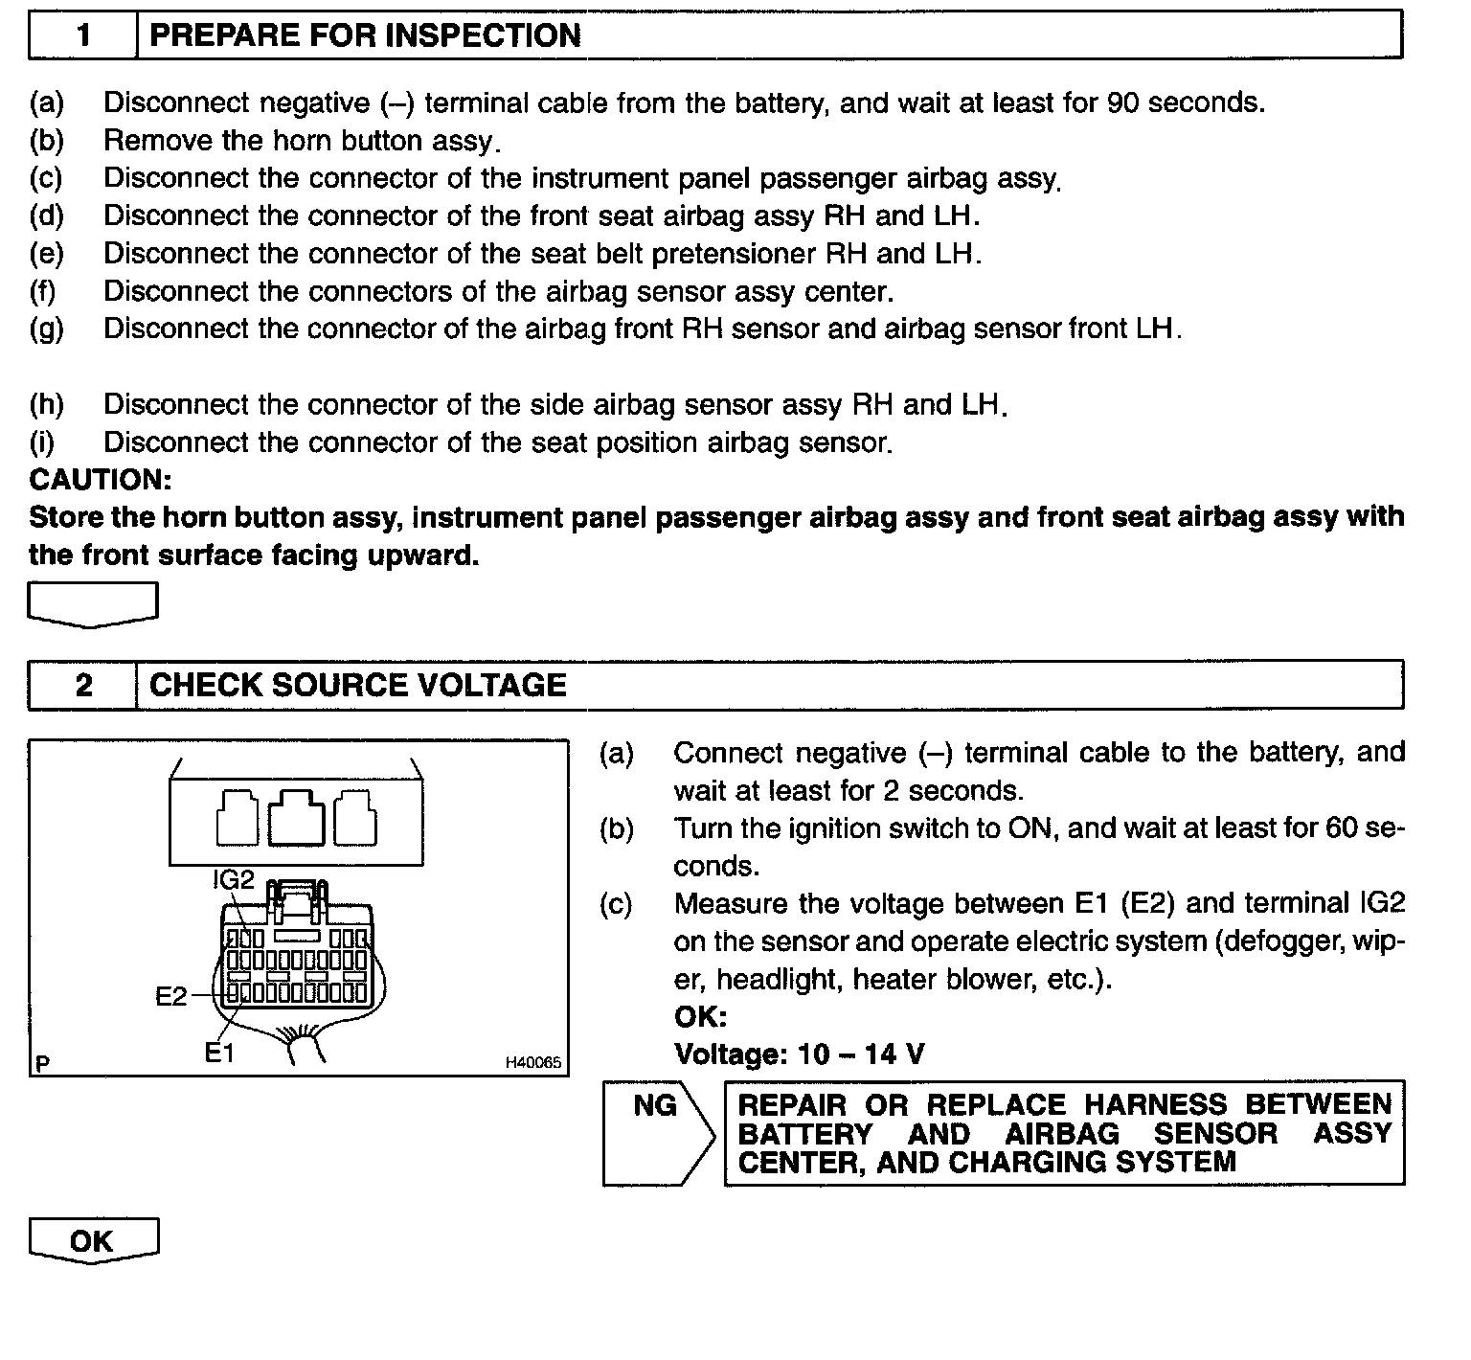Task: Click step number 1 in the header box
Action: (x=84, y=35)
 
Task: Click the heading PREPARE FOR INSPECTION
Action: (x=366, y=35)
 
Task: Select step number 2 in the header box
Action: (x=84, y=685)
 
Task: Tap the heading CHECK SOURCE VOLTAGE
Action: (x=358, y=685)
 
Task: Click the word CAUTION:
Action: (x=101, y=479)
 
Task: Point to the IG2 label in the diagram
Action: (x=234, y=878)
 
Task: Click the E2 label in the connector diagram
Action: (x=171, y=996)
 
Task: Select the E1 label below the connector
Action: (x=219, y=1053)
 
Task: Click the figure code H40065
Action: (x=533, y=1062)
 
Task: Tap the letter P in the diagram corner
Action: (x=42, y=1062)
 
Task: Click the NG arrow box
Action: (x=657, y=1133)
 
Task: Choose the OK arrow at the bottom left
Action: (x=92, y=1241)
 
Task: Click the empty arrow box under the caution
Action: (x=92, y=605)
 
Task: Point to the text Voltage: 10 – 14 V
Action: (x=799, y=1054)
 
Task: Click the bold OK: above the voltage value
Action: (x=700, y=1016)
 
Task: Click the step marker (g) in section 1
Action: (x=46, y=329)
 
